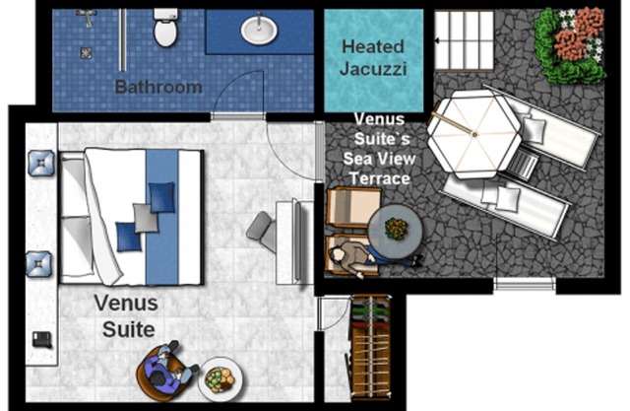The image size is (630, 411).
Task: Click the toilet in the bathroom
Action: pyautogui.click(x=165, y=28)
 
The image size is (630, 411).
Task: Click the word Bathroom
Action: pyautogui.click(x=158, y=87)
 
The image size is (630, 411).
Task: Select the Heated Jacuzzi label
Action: pyautogui.click(x=373, y=57)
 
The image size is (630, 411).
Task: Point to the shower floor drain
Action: pyautogui.click(x=86, y=52)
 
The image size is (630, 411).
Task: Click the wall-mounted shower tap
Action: pyautogui.click(x=86, y=17)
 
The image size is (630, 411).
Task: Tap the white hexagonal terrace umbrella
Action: pyautogui.click(x=474, y=134)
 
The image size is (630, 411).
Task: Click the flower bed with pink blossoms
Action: pyautogui.click(x=571, y=45)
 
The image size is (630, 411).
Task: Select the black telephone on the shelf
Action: pyautogui.click(x=42, y=339)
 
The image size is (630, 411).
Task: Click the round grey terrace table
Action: pyautogui.click(x=396, y=231)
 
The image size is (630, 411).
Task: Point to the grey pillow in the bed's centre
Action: pyautogui.click(x=146, y=218)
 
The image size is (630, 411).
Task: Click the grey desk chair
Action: pyautogui.click(x=262, y=232)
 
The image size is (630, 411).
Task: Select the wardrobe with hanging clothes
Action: pyautogui.click(x=371, y=348)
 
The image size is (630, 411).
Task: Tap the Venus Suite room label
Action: pyautogui.click(x=127, y=316)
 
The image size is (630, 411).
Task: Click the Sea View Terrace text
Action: pyautogui.click(x=379, y=169)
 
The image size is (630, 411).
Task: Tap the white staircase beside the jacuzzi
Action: pyautogui.click(x=465, y=40)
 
